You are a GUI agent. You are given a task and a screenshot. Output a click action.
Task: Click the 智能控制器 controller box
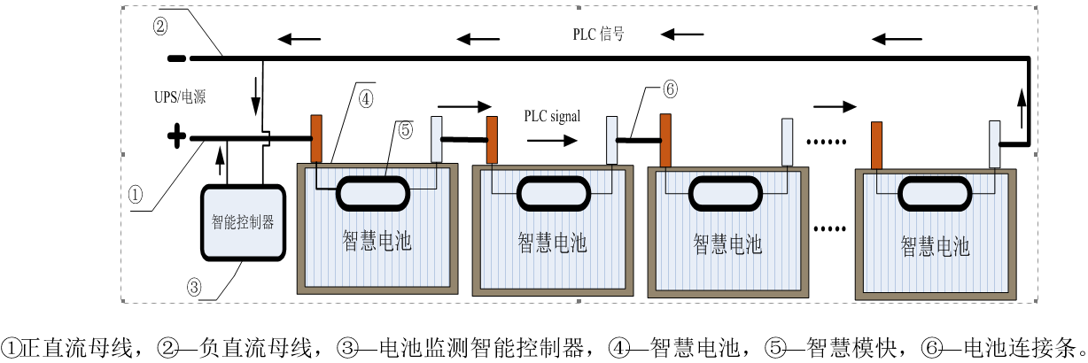(x=243, y=222)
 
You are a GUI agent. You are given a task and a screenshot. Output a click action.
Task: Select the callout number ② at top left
(x=159, y=26)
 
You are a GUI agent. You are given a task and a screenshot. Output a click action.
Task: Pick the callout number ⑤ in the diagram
(x=405, y=129)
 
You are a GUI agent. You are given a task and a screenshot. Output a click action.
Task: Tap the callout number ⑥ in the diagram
(x=670, y=89)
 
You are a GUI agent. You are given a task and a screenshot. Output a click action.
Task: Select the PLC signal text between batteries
(x=552, y=116)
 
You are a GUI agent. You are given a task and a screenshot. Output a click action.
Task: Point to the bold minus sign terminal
(x=176, y=59)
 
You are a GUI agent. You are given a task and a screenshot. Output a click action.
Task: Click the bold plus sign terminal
(x=177, y=137)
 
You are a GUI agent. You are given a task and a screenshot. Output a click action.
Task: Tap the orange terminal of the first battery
(x=316, y=138)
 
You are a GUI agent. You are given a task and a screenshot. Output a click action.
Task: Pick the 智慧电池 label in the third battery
(x=727, y=243)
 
